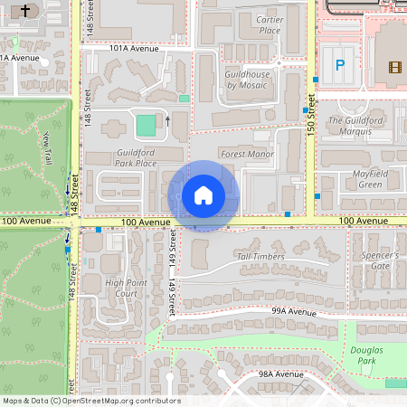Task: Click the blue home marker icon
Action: click(x=203, y=194)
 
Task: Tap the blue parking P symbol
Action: click(x=340, y=64)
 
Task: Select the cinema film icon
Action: click(x=394, y=66)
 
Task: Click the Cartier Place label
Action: click(x=270, y=24)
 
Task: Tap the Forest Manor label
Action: click(x=247, y=154)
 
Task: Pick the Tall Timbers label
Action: click(x=260, y=256)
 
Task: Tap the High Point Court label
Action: click(x=126, y=288)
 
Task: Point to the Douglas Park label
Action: click(x=365, y=355)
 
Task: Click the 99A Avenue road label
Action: click(x=293, y=310)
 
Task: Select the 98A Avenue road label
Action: click(x=280, y=374)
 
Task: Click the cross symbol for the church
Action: click(x=24, y=11)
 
